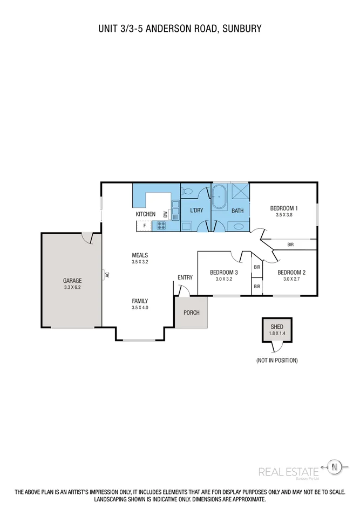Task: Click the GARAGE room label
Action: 72,281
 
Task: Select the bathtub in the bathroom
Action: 220,196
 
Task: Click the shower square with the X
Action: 240,192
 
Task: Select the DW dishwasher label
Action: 165,214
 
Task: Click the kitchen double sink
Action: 175,210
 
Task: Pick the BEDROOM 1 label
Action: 284,208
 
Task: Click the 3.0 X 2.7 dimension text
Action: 291,279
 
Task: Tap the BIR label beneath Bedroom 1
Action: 290,245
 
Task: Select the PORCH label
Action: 192,313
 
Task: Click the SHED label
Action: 276,327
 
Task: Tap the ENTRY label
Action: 185,277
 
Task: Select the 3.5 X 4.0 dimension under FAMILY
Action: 140,308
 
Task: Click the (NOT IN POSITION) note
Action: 277,360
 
